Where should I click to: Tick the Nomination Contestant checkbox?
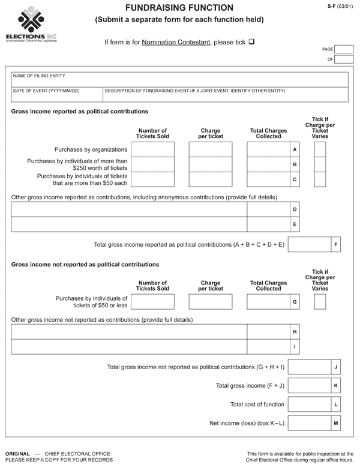[251, 42]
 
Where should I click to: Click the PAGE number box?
[344, 49]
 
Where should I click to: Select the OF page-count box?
[344, 59]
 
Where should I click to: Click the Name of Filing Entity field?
[179, 80]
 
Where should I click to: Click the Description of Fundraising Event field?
[226, 95]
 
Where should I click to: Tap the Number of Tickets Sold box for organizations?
[152, 149]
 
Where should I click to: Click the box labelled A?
[295, 149]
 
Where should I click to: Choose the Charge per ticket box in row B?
[210, 164]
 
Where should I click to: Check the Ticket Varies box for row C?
[320, 179]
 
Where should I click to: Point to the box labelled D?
[295, 209]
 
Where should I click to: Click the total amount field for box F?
[310, 244]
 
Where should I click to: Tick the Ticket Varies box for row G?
[320, 301]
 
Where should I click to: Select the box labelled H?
[295, 331]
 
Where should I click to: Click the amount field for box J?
[310, 366]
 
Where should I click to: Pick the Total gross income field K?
[310, 385]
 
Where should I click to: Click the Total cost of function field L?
[310, 405]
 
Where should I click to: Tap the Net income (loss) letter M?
[336, 424]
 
